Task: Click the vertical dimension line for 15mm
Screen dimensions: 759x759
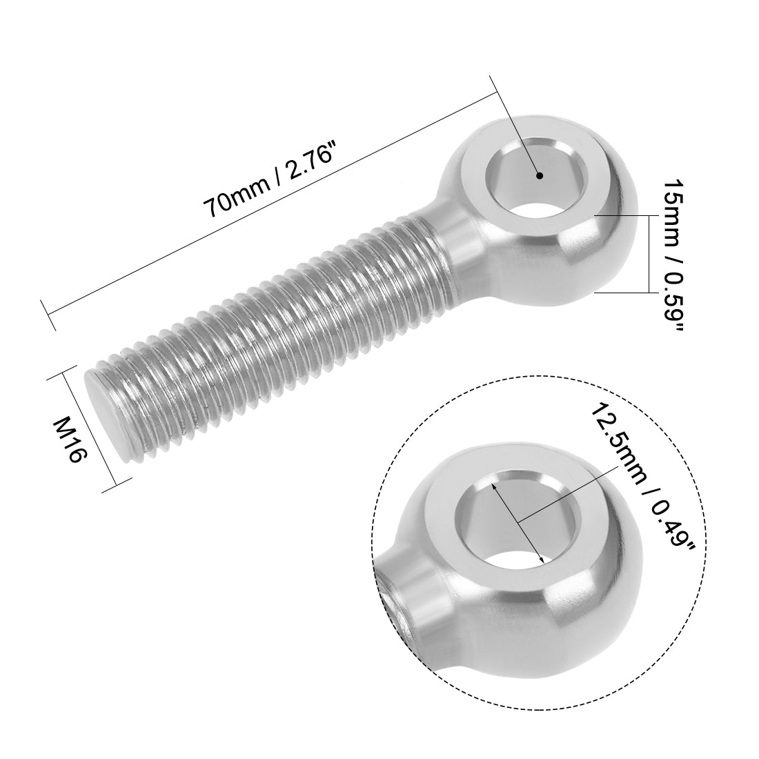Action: pyautogui.click(x=648, y=253)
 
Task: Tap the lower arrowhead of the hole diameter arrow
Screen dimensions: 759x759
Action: pyautogui.click(x=543, y=560)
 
